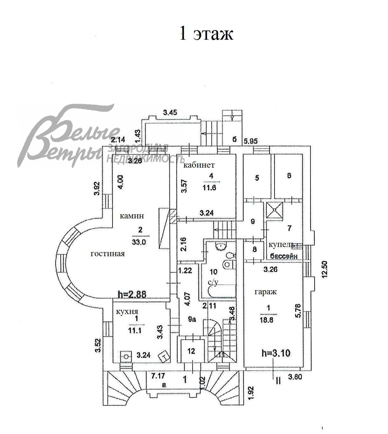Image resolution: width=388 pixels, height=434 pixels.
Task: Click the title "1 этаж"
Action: click(206, 33)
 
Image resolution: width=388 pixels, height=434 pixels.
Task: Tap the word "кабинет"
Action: click(199, 165)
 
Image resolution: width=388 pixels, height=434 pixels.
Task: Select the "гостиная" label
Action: click(108, 254)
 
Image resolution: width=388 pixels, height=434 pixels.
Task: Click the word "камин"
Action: click(132, 216)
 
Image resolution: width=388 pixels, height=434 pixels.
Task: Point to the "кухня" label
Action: click(127, 312)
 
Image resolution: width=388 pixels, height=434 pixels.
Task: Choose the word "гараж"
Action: click(266, 292)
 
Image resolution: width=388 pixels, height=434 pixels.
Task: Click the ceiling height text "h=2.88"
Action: click(132, 294)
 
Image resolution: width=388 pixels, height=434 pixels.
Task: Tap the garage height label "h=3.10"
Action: click(276, 353)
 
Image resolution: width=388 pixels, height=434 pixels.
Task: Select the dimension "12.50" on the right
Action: click(324, 270)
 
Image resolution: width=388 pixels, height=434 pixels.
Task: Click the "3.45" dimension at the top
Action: click(170, 112)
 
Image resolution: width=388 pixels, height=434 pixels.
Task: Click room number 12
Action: click(191, 351)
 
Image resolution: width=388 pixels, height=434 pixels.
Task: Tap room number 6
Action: click(289, 175)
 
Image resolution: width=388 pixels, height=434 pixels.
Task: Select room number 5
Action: click(257, 177)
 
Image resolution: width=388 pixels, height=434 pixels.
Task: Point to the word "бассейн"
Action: click(284, 256)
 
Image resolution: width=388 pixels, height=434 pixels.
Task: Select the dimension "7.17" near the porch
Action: click(158, 376)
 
